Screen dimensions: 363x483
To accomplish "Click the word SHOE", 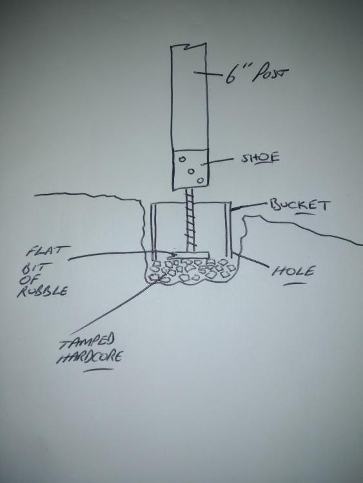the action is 260,157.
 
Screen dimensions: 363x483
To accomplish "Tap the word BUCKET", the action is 300,205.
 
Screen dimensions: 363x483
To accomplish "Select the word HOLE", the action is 293,271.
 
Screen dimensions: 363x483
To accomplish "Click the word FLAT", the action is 48,251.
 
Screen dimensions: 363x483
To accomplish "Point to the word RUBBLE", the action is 43,291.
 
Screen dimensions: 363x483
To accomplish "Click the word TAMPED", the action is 87,341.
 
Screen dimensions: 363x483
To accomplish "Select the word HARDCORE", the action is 90,357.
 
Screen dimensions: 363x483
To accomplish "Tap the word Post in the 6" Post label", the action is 270,73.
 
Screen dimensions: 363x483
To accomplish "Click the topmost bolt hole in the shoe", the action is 182,159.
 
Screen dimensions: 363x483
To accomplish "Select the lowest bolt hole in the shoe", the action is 201,180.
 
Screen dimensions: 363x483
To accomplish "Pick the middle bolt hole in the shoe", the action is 191,171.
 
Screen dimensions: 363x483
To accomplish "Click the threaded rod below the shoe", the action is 190,220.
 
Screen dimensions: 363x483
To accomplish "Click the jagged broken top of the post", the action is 188,46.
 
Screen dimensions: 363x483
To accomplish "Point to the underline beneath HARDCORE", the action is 98,370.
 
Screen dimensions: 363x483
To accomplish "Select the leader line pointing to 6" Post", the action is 208,73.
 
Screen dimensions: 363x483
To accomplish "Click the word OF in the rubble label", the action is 29,279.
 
